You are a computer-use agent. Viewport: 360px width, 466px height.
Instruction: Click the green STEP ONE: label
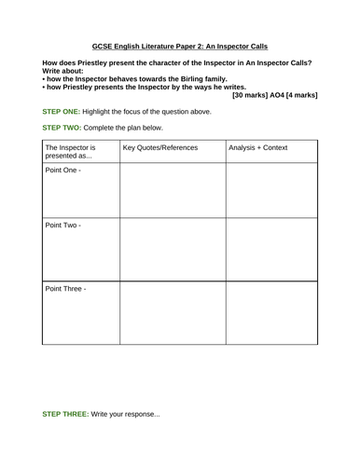64,111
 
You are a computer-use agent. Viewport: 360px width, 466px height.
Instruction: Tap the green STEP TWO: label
65,128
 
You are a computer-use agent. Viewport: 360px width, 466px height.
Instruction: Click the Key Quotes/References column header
159,147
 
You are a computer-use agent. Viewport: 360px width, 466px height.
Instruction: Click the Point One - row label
63,172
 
